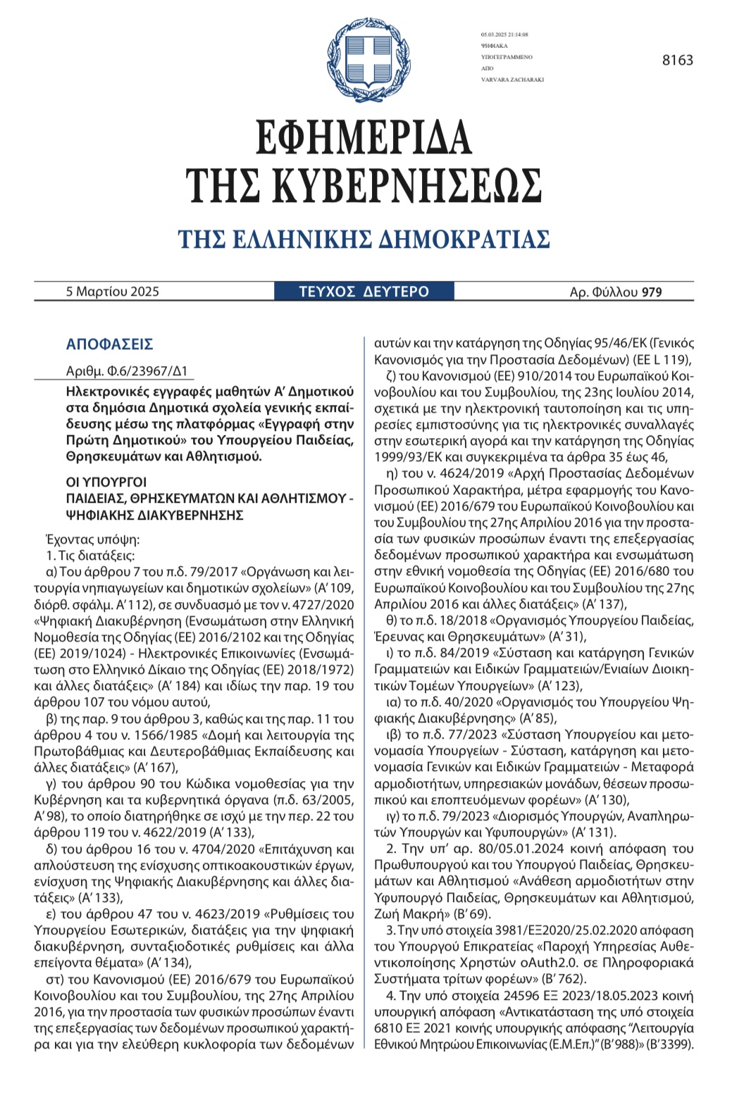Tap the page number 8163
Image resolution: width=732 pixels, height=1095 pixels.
[x=677, y=61]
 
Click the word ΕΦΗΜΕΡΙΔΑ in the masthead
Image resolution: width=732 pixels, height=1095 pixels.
[x=364, y=138]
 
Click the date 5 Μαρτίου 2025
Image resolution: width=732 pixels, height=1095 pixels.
[x=113, y=292]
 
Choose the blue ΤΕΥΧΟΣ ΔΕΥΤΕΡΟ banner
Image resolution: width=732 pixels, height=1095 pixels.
[x=364, y=292]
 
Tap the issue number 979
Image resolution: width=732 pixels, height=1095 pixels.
[x=652, y=292]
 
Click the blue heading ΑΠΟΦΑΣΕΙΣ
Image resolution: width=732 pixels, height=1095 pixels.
[x=109, y=344]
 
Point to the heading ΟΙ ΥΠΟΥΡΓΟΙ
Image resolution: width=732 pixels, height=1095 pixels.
[x=106, y=482]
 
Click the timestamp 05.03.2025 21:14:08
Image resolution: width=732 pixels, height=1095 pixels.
[x=504, y=35]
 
